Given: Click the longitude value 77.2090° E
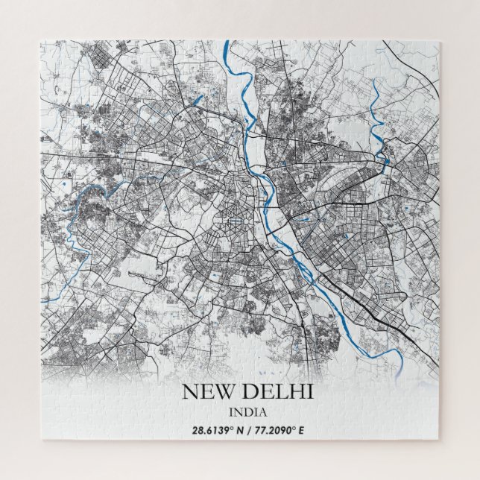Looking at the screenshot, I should coord(274,429).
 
